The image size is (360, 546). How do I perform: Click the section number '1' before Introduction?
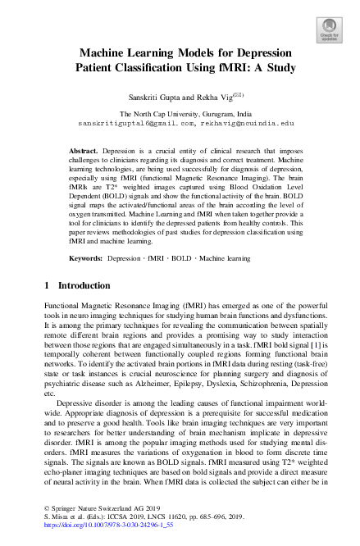click(46, 285)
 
